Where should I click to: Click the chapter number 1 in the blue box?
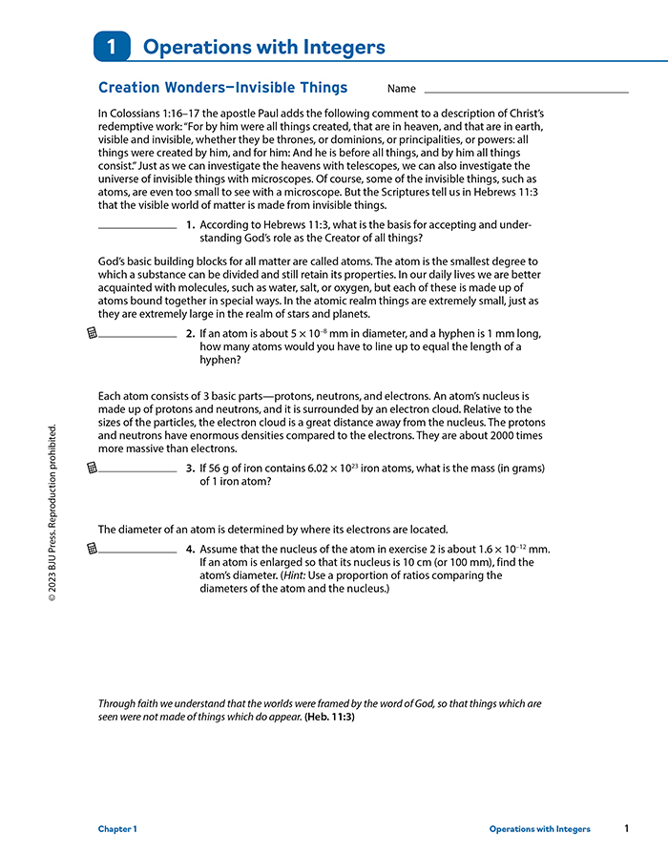tap(112, 47)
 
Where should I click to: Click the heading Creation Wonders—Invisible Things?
tap(222, 88)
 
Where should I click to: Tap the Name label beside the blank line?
tap(402, 89)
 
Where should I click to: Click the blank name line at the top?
tap(526, 91)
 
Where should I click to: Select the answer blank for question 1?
tap(137, 228)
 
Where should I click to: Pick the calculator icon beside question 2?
tap(92, 333)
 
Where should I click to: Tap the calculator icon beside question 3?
tap(92, 468)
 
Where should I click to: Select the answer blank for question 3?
tap(137, 470)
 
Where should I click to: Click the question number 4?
tap(190, 549)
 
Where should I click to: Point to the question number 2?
tap(190, 334)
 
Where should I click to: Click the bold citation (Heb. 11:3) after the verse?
tap(329, 717)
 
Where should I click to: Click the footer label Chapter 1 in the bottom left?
tap(117, 829)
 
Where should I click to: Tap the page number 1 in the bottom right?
tap(626, 828)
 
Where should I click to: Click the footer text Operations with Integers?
tap(539, 829)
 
